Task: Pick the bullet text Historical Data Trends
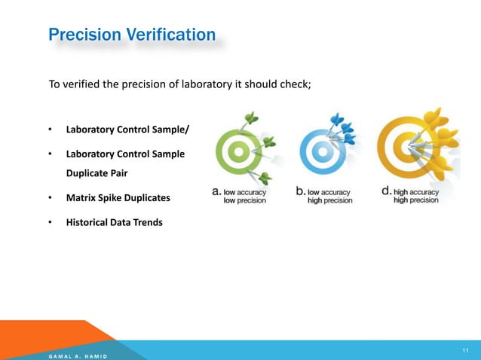pyautogui.click(x=114, y=222)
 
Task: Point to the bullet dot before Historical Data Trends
pyautogui.click(x=50, y=222)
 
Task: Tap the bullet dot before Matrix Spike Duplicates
pyautogui.click(x=50, y=198)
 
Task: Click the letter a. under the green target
pyautogui.click(x=215, y=192)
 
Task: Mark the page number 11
pyautogui.click(x=465, y=350)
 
